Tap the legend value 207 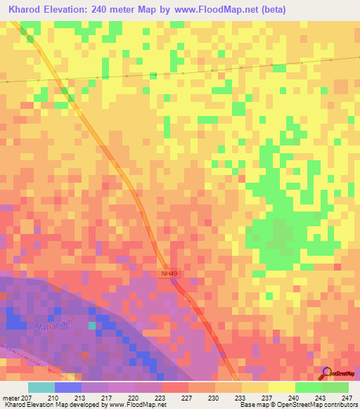(x=28, y=397)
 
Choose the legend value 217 (x=107, y=397)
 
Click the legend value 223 (x=160, y=397)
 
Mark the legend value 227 (x=188, y=397)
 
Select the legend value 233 (x=241, y=397)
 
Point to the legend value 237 (x=268, y=397)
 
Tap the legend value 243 (x=321, y=397)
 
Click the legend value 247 (x=348, y=397)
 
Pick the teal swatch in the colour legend (x=41, y=387)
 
